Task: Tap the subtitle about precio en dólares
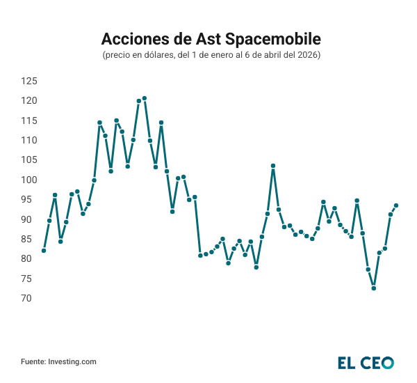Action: [211, 54]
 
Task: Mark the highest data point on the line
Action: [145, 98]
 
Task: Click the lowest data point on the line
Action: [374, 288]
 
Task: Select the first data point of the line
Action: [44, 251]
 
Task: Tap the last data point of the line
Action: [396, 205]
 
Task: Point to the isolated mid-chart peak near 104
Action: [273, 166]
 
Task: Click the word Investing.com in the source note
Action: [72, 361]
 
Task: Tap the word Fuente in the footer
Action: [33, 361]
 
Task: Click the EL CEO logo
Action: [366, 363]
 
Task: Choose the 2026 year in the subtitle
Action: [307, 54]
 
